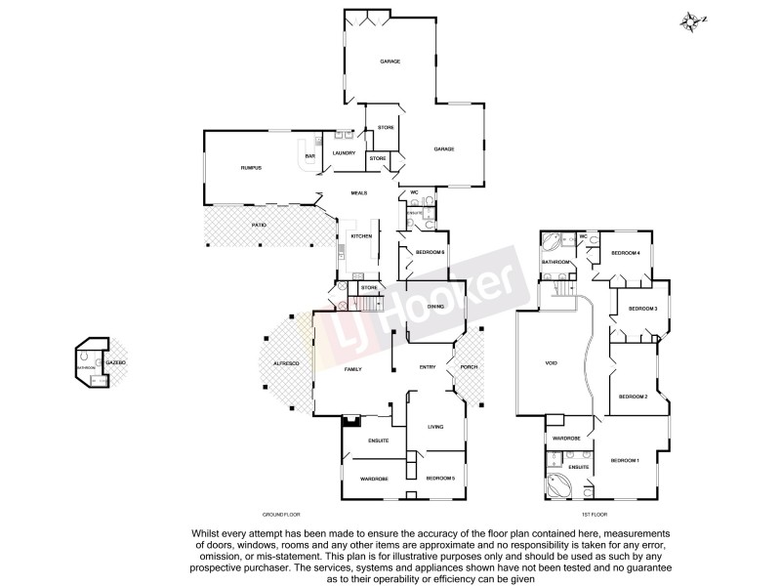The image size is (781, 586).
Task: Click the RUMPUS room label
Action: point(252,169)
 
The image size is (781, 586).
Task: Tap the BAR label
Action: point(309,156)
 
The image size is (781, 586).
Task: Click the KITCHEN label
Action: point(361,236)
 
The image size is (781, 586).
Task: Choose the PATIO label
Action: point(259,226)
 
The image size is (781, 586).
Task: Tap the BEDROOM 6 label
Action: point(431,254)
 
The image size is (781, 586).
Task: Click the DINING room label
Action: point(435,307)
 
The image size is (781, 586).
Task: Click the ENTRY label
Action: point(428,367)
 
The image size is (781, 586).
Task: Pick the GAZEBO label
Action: point(116,362)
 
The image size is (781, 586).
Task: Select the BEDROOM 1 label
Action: point(625,460)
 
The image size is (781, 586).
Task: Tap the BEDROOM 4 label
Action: point(625,254)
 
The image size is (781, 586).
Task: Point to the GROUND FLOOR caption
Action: point(282,514)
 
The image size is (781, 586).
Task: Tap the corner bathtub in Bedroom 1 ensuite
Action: point(559,484)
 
